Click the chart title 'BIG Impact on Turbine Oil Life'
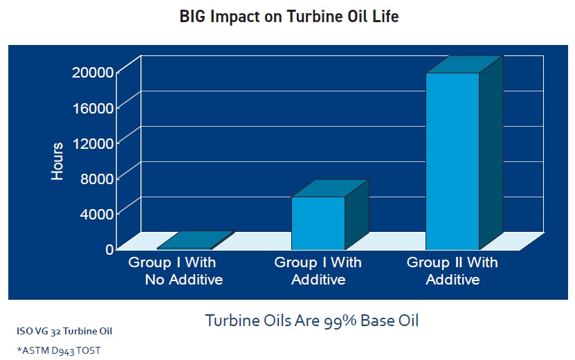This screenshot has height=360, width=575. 289,17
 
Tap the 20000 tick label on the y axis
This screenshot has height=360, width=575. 93,72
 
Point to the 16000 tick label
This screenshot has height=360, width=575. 93,108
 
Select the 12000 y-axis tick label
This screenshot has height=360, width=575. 93,143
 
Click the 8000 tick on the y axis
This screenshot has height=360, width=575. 97,179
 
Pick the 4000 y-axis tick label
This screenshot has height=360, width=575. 97,214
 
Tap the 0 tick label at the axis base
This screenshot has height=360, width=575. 109,249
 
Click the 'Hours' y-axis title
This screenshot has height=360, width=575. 57,161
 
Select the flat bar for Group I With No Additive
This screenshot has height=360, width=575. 196,240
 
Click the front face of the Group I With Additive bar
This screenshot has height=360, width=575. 318,223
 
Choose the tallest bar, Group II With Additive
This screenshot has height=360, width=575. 464,153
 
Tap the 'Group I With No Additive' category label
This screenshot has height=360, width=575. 175,271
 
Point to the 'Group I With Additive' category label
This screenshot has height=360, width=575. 318,271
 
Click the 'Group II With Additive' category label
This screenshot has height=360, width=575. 452,271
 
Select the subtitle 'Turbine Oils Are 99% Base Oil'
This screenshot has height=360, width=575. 311,321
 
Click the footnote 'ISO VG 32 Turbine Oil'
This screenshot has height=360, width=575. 64,331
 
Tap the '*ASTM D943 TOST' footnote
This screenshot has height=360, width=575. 59,351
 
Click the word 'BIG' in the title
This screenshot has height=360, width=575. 193,17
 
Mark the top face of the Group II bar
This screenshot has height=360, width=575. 464,64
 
